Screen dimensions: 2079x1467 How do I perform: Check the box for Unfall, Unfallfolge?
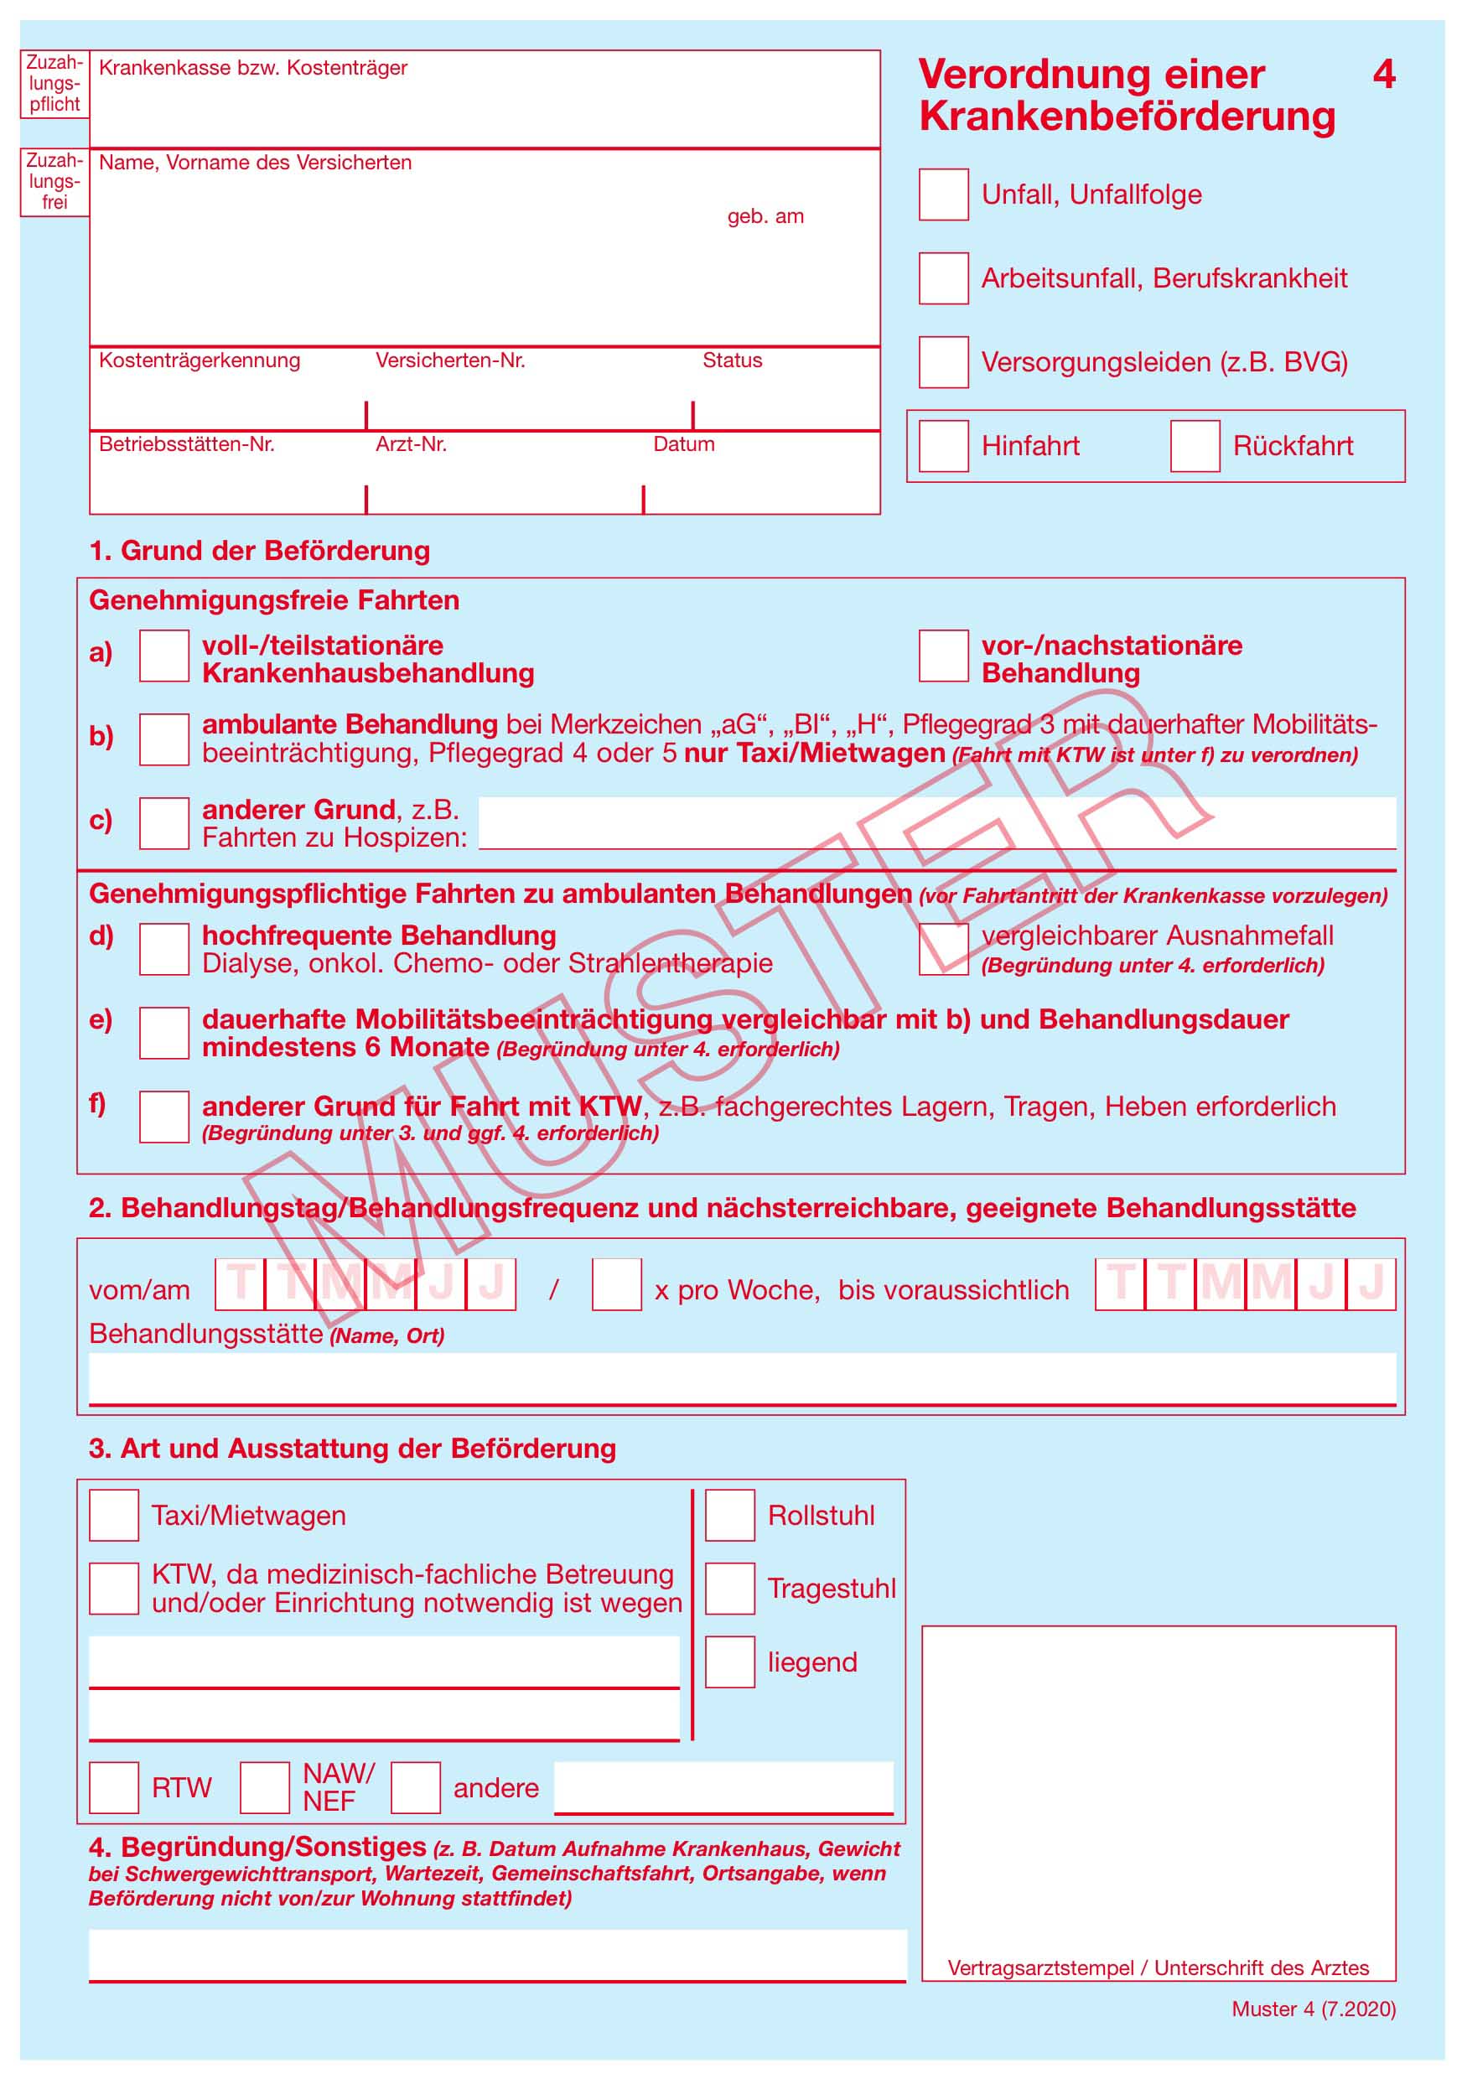(943, 194)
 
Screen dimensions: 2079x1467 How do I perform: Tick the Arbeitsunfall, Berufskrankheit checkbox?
(943, 278)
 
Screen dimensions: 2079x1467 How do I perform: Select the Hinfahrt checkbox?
(943, 445)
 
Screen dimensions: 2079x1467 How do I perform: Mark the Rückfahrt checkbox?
(1195, 445)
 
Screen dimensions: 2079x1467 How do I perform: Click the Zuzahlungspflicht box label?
(54, 83)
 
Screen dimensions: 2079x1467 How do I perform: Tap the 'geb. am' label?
(765, 216)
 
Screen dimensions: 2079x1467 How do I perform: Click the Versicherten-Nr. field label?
(450, 360)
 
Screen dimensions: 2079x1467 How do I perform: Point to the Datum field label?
(684, 444)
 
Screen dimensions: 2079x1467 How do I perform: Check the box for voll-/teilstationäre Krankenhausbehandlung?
(164, 656)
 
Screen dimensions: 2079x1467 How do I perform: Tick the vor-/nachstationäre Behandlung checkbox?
(943, 656)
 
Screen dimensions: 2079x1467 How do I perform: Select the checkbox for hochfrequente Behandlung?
(164, 949)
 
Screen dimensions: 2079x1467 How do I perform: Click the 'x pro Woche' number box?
(616, 1284)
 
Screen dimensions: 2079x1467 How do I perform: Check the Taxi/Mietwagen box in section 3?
(114, 1515)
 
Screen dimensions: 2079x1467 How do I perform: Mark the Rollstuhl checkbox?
(730, 1515)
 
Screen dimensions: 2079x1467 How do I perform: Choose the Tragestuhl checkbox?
(730, 1589)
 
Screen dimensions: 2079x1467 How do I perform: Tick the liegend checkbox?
(730, 1662)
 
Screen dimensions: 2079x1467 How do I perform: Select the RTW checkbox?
(114, 1787)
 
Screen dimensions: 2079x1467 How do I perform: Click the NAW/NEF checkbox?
(264, 1787)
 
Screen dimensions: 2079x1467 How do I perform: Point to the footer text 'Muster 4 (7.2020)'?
(1313, 2009)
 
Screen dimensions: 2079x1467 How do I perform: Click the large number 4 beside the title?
(1384, 75)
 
